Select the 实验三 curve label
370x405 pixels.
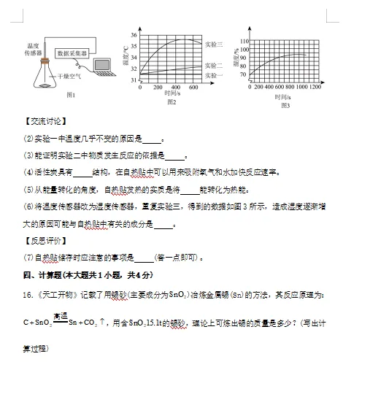click(214, 45)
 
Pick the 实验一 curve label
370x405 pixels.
click(214, 75)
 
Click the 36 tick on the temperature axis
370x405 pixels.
click(134, 35)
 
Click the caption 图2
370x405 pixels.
click(173, 102)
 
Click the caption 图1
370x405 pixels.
click(71, 95)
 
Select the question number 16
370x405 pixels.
click(28, 295)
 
